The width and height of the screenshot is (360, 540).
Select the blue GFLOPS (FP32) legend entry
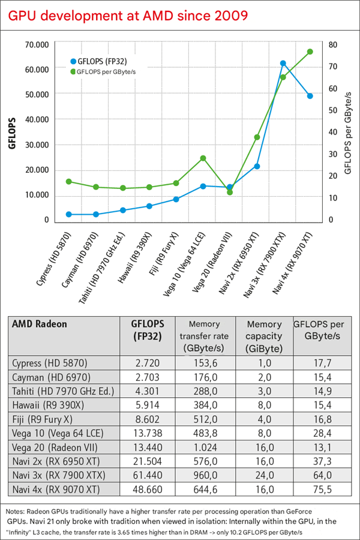102,61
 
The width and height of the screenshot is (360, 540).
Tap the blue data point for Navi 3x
283,63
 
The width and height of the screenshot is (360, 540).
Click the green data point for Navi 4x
310,52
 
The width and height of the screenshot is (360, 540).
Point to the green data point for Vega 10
203,158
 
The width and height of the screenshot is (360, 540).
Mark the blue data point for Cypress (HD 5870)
69,214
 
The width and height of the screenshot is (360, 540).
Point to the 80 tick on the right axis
333,44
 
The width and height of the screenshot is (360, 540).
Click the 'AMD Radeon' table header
40,324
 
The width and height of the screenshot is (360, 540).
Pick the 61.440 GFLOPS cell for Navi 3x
146,476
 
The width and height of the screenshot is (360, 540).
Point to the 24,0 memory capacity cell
264,476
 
